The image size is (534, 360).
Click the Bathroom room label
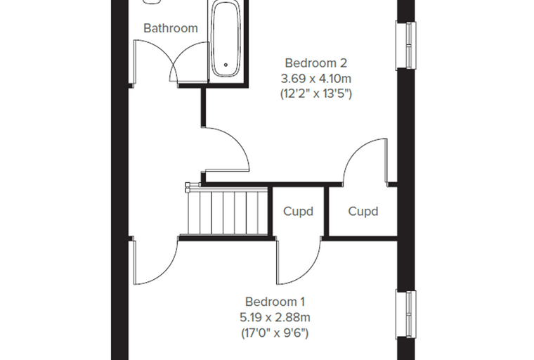171,28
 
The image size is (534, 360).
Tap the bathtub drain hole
226,65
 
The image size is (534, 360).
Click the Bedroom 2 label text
315,63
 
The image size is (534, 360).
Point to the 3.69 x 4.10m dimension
315,79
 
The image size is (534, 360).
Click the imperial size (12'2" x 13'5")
315,94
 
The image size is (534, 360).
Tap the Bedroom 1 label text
275,302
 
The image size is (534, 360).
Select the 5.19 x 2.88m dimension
275,318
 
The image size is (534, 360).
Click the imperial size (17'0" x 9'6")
275,333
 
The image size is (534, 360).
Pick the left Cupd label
298,212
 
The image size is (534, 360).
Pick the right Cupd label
363,212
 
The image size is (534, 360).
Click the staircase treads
227,212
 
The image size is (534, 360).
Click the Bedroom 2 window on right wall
407,45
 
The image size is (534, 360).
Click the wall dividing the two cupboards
326,211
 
